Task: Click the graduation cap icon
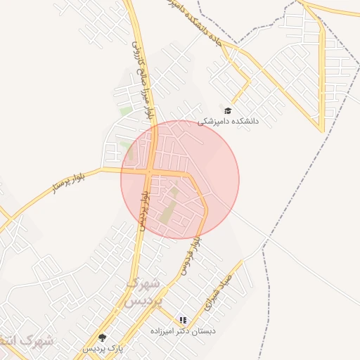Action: pyautogui.click(x=226, y=110)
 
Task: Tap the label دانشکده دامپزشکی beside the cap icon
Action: pyautogui.click(x=228, y=121)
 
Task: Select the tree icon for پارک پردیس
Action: pyautogui.click(x=103, y=337)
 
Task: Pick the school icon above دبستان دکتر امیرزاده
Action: pyautogui.click(x=184, y=320)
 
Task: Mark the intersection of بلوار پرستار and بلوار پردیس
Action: pyautogui.click(x=150, y=171)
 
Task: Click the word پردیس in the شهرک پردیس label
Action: pyautogui.click(x=148, y=300)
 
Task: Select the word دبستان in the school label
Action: pyautogui.click(x=205, y=330)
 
